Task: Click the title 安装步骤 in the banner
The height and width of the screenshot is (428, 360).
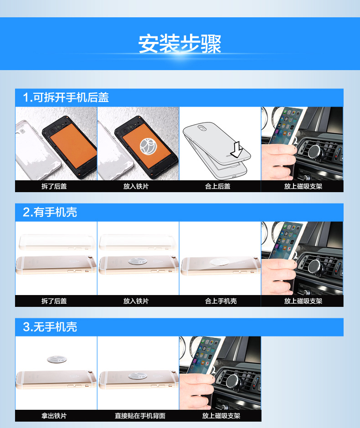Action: [x=180, y=44]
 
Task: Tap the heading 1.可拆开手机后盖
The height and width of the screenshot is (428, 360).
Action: [x=66, y=97]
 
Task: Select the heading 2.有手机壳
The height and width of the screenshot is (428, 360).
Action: [x=50, y=212]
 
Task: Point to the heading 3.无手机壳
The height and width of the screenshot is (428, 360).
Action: [x=50, y=327]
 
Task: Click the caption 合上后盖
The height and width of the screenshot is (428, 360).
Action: [x=218, y=186]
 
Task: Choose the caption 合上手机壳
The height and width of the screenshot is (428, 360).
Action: [x=221, y=301]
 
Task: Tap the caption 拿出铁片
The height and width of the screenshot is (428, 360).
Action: [x=54, y=416]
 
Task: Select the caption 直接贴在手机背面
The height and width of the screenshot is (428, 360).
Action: [x=140, y=416]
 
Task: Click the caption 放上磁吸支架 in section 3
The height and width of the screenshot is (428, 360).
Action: [x=221, y=416]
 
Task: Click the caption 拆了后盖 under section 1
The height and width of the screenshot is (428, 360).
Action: [x=54, y=186]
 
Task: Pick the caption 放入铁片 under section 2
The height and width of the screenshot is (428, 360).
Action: [x=136, y=301]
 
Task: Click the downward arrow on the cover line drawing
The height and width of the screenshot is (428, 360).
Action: [x=237, y=150]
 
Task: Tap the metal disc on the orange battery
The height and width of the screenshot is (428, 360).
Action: [x=148, y=147]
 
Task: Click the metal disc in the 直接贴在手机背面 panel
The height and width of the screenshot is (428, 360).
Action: [x=138, y=376]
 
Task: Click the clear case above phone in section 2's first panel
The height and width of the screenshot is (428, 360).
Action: [x=57, y=242]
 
